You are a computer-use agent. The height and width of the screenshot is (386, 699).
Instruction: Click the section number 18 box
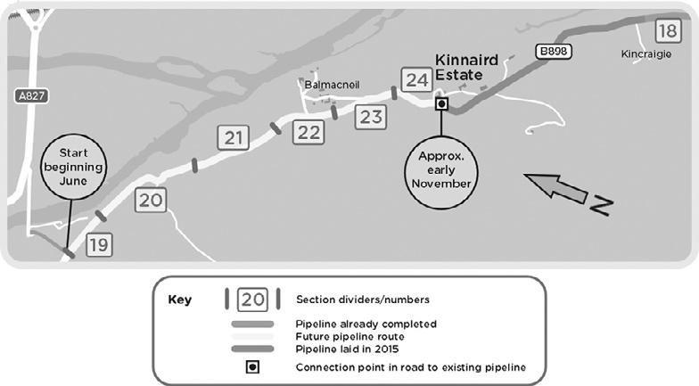[667, 30]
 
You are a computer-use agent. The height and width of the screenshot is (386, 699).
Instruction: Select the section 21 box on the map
[231, 137]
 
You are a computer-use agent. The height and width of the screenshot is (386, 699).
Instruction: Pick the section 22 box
[308, 132]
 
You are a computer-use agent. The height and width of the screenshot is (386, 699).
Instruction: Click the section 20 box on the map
[150, 200]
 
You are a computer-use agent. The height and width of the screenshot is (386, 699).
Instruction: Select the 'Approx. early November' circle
[440, 168]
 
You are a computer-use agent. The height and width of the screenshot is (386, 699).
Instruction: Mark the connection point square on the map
[440, 103]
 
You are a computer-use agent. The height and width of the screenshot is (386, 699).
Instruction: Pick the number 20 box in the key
[252, 300]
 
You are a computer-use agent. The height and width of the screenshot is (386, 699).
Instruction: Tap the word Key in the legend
[180, 300]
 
